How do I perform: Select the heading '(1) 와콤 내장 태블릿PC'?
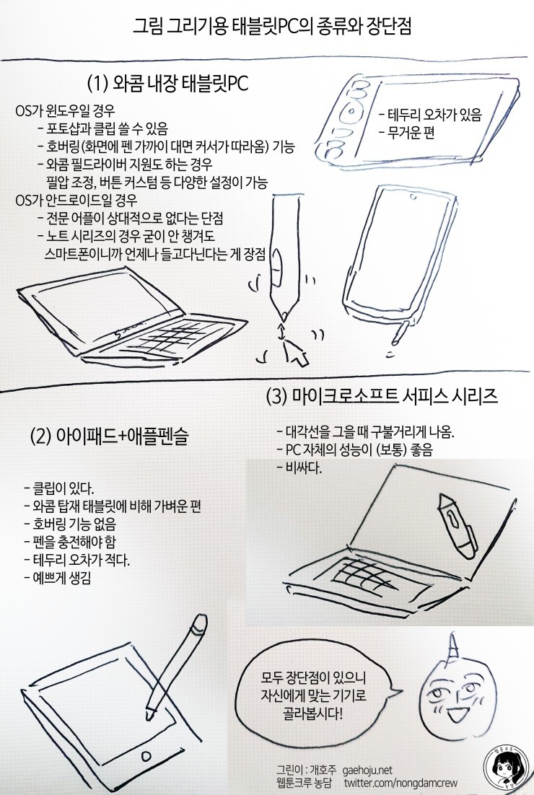[167, 84]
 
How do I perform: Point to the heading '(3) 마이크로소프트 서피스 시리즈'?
[382, 396]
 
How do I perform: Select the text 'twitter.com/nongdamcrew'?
[400, 783]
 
